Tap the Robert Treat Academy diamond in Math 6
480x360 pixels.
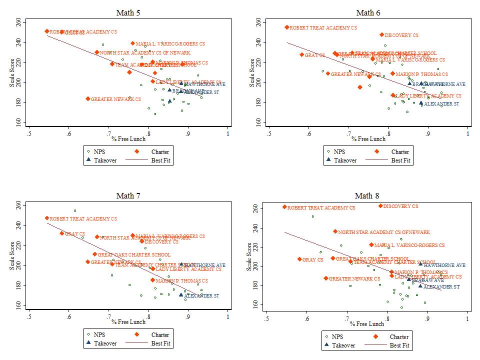[287, 27]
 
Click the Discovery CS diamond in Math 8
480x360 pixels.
[380, 206]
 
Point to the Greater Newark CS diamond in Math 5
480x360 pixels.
[88, 99]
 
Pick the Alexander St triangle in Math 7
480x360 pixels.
[181, 295]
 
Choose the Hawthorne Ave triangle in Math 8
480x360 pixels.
[420, 265]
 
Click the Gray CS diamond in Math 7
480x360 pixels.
[62, 233]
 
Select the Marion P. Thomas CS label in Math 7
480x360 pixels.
[181, 281]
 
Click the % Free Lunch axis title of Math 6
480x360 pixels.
[368, 139]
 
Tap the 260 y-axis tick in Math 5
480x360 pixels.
[18, 22]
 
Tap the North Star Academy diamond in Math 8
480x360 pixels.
[335, 232]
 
